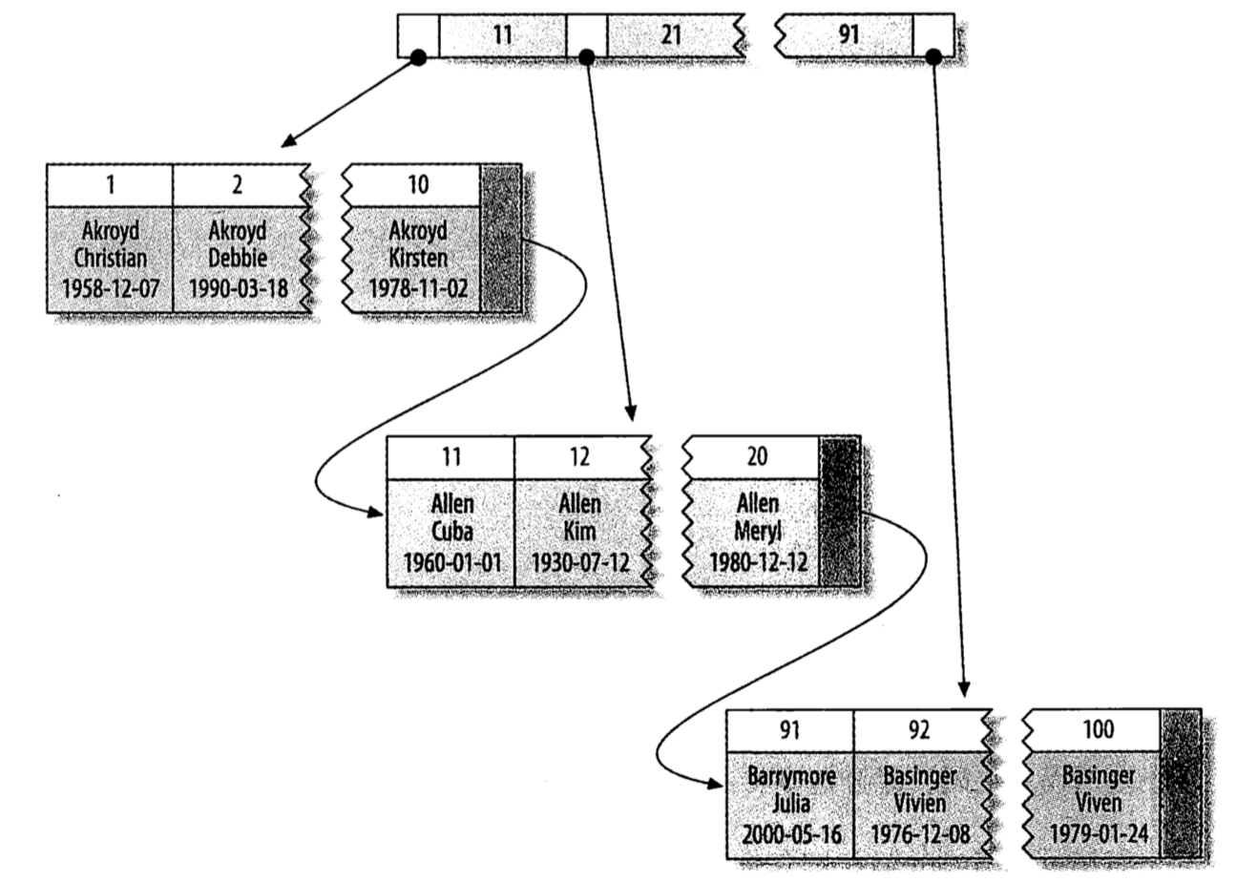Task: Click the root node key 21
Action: point(671,35)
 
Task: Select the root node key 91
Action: point(849,35)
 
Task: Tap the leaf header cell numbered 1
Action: point(110,184)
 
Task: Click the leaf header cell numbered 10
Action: point(418,184)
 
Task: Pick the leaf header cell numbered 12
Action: point(579,456)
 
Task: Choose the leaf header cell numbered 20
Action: point(756,456)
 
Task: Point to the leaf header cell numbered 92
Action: point(919,730)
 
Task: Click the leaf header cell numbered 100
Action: point(1098,730)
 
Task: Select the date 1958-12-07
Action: point(111,287)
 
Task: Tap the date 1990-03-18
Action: point(237,287)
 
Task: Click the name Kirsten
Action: point(418,259)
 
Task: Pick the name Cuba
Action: point(451,532)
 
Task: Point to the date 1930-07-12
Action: point(579,561)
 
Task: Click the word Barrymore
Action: point(791,776)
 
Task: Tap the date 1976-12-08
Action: point(919,834)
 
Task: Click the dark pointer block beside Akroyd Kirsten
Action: point(501,238)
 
